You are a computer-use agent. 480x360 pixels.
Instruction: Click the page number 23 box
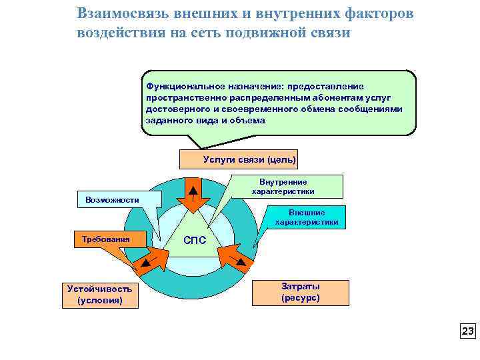click(x=467, y=331)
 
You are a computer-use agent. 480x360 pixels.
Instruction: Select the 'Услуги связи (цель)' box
click(x=239, y=159)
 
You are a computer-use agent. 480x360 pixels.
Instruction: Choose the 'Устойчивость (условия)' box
click(x=99, y=294)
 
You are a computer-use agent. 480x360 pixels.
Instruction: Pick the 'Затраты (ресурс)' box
click(x=300, y=292)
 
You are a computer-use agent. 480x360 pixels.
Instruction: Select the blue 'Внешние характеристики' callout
click(x=307, y=217)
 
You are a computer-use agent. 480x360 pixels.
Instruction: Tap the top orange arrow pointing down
click(x=193, y=193)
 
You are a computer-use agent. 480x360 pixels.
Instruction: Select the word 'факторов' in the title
click(x=385, y=13)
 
